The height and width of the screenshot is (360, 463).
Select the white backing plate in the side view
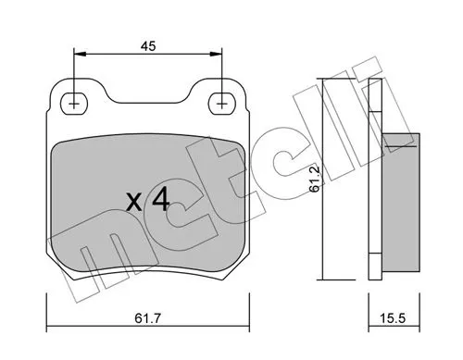(375, 176)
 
